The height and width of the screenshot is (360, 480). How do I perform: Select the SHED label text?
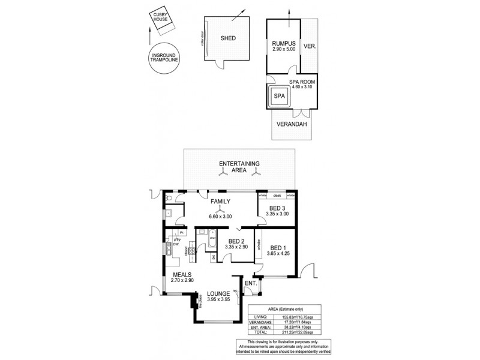click(227, 39)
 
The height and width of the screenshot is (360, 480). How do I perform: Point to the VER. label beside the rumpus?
click(310, 46)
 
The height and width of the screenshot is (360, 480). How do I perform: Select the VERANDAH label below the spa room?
click(292, 125)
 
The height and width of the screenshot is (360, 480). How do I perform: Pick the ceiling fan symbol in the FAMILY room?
click(221, 211)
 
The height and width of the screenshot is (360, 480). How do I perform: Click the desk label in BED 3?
click(277, 196)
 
